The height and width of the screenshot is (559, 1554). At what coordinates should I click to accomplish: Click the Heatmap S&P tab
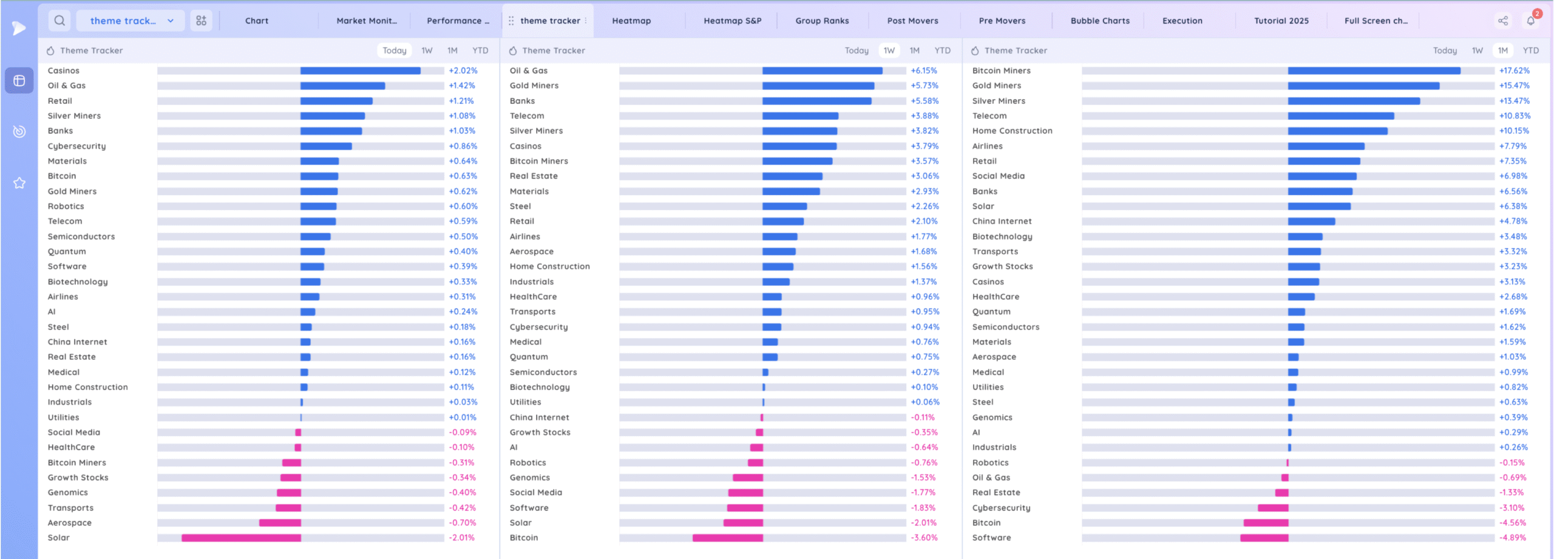[732, 21]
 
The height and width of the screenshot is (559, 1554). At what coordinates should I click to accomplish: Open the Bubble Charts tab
[1100, 21]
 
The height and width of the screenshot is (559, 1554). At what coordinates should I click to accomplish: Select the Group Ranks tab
[822, 21]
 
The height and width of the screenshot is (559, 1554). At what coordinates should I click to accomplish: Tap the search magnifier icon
[59, 21]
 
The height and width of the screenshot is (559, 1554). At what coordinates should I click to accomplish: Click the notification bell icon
[1530, 21]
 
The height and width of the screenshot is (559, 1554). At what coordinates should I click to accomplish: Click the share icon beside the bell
[1503, 21]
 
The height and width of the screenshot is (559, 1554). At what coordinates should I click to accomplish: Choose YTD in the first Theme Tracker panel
[480, 50]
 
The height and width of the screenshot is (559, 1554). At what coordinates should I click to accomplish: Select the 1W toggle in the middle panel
[889, 50]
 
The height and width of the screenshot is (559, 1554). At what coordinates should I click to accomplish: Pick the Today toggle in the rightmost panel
[1445, 50]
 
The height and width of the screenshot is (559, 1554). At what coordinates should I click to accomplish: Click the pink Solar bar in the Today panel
[241, 538]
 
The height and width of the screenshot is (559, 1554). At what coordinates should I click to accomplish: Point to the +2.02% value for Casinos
[463, 70]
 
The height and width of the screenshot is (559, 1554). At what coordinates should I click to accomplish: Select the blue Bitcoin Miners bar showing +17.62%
[1374, 70]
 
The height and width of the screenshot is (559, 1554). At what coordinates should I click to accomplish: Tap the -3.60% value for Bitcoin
[924, 538]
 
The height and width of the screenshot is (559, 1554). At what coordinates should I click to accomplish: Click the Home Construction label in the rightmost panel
[1012, 131]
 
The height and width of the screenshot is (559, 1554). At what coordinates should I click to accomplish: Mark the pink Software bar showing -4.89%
[1264, 538]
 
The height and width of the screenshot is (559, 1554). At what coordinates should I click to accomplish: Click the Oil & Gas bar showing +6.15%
[822, 70]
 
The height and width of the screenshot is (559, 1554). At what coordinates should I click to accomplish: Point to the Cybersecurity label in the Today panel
[76, 146]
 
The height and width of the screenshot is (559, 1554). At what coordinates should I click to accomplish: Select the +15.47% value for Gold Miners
[1514, 86]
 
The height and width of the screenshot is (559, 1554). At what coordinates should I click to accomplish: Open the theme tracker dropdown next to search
[131, 21]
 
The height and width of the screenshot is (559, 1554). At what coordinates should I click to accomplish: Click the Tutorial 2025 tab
[1281, 21]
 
